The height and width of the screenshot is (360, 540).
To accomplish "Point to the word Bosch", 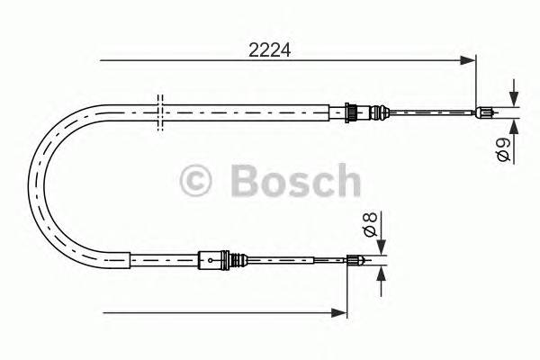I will click(294, 181).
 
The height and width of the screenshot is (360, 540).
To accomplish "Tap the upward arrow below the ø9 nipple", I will click(513, 127).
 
